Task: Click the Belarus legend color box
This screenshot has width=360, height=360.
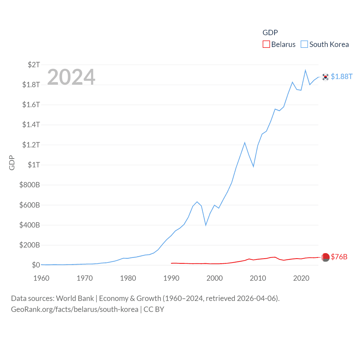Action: point(266,44)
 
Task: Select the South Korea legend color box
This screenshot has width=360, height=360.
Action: point(304,44)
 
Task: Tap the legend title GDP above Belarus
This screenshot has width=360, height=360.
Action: point(270,33)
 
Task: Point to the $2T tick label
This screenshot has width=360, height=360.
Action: point(34,65)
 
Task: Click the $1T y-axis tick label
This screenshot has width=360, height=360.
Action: point(34,165)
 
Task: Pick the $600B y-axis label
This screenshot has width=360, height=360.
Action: point(30,205)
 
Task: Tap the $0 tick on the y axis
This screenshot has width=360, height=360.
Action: point(36,265)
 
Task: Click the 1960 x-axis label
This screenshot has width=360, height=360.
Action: point(41,278)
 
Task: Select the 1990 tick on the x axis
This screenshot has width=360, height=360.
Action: point(171,278)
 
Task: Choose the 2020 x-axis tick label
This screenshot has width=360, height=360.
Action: point(301,278)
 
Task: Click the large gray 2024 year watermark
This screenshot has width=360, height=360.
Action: point(71,77)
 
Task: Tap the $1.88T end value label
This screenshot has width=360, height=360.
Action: point(341,76)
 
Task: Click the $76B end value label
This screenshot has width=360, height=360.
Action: point(339,257)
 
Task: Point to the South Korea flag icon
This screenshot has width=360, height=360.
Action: point(325,77)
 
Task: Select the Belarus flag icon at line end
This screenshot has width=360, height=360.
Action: point(325,257)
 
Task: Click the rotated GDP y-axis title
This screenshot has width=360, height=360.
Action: point(12,163)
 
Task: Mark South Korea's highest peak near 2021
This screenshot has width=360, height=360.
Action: point(305,70)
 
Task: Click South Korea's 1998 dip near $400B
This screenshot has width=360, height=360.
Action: point(206,225)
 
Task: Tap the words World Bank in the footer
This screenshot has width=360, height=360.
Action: point(75,298)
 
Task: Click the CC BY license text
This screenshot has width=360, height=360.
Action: point(154,309)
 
